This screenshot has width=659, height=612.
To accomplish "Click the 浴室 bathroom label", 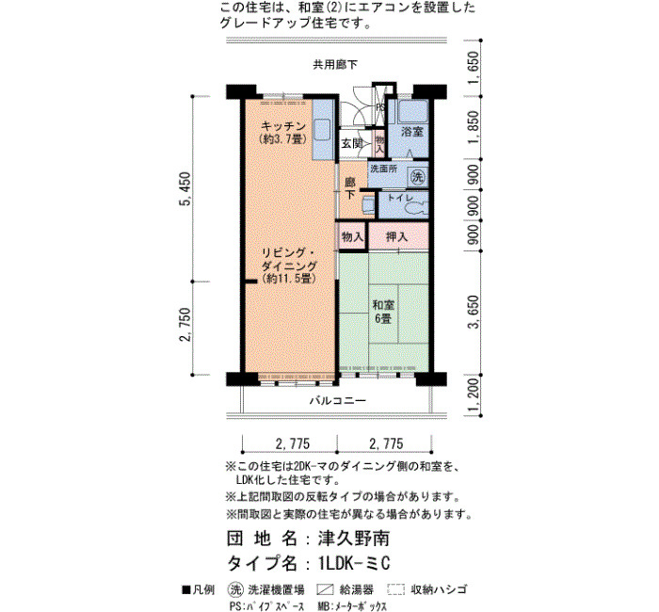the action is click(412, 132).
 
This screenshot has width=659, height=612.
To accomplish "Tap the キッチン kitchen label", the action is click(283, 125).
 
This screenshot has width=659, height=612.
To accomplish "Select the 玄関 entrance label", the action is click(352, 143).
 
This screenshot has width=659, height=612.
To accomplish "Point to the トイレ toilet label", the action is click(401, 198).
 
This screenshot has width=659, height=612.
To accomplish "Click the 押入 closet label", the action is click(396, 237).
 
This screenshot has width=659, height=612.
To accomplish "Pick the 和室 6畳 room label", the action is click(383, 312).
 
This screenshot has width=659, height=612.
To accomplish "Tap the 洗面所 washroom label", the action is click(383, 169).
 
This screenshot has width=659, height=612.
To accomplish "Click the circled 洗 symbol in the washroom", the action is click(418, 177).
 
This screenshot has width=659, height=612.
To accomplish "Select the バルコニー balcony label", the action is click(338, 400).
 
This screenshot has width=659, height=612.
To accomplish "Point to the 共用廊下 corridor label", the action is click(335, 64).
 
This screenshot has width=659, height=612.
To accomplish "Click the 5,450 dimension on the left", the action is click(185, 188).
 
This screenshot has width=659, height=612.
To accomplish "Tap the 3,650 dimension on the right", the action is click(474, 312).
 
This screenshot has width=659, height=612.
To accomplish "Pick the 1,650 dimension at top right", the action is click(474, 67).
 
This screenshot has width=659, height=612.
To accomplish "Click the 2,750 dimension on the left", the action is click(185, 326).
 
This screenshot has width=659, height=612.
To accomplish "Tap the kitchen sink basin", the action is click(323, 129).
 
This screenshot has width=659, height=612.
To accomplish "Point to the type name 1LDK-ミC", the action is click(354, 563).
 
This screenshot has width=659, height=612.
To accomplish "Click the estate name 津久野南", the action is click(353, 539).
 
